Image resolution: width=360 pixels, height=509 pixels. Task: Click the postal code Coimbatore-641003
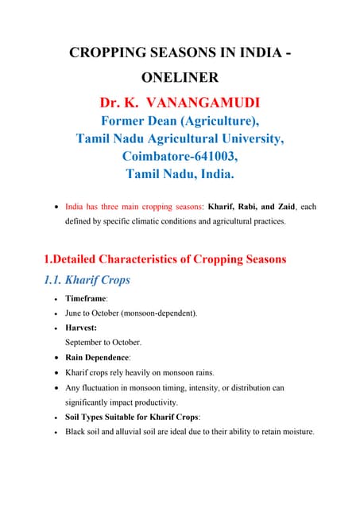pos(180,156)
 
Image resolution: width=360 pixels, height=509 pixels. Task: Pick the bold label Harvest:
pos(82,328)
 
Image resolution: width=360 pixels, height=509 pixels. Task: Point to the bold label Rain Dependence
pos(98,357)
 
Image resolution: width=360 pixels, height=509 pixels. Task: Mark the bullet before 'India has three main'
pos(53,208)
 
